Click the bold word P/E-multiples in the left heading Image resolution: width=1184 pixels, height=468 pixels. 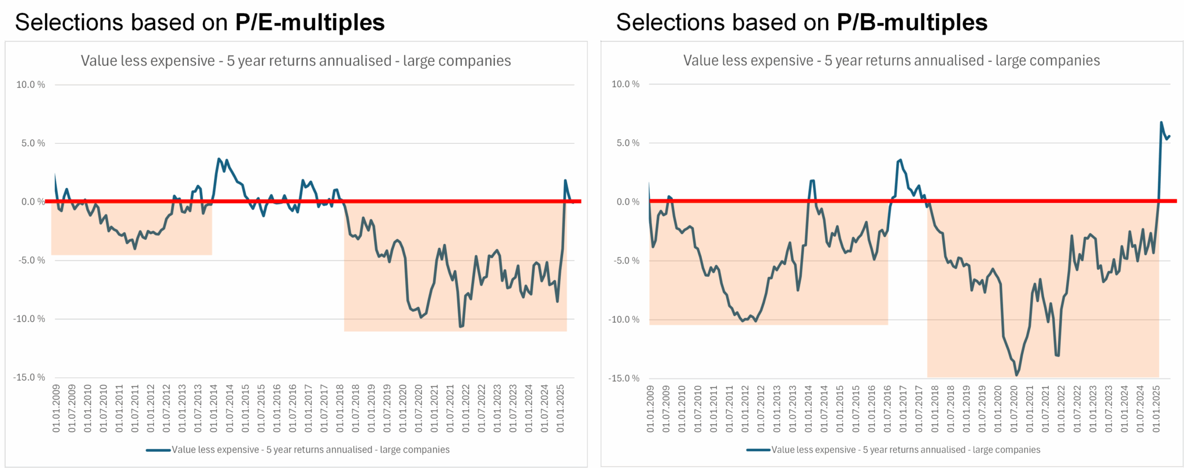(310, 23)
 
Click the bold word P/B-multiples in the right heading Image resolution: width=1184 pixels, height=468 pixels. (912, 23)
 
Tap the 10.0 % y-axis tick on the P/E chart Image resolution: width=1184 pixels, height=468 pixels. (31, 85)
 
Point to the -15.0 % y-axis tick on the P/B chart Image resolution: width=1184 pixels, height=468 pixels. (624, 378)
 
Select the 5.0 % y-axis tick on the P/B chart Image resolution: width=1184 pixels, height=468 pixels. (628, 143)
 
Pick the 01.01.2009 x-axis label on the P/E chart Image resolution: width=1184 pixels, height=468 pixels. (56, 408)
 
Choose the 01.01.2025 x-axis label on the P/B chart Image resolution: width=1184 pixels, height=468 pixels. (1156, 408)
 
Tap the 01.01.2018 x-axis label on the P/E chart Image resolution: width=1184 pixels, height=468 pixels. (340, 408)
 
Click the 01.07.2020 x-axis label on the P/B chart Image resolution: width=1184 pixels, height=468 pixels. (1014, 408)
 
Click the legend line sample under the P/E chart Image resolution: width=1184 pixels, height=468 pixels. (158, 450)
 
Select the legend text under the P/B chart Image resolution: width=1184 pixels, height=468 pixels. (905, 450)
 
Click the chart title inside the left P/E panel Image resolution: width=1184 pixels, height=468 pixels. (295, 61)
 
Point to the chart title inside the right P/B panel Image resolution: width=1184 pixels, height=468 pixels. (891, 61)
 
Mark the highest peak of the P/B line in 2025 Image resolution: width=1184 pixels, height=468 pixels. (1161, 122)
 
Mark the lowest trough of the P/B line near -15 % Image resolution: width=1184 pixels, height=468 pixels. (1016, 376)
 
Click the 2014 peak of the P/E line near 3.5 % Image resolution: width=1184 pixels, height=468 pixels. (219, 159)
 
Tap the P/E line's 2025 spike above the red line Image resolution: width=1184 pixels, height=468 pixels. (565, 181)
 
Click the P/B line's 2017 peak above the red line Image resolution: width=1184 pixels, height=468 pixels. (900, 160)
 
